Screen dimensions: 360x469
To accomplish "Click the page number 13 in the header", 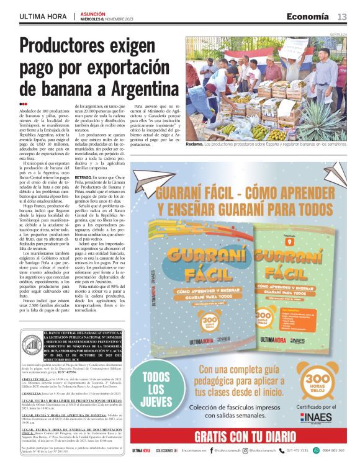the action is [342, 17].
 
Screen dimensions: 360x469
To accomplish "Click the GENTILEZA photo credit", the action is [338, 34].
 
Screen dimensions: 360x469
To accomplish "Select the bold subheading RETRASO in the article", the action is [84, 177].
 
